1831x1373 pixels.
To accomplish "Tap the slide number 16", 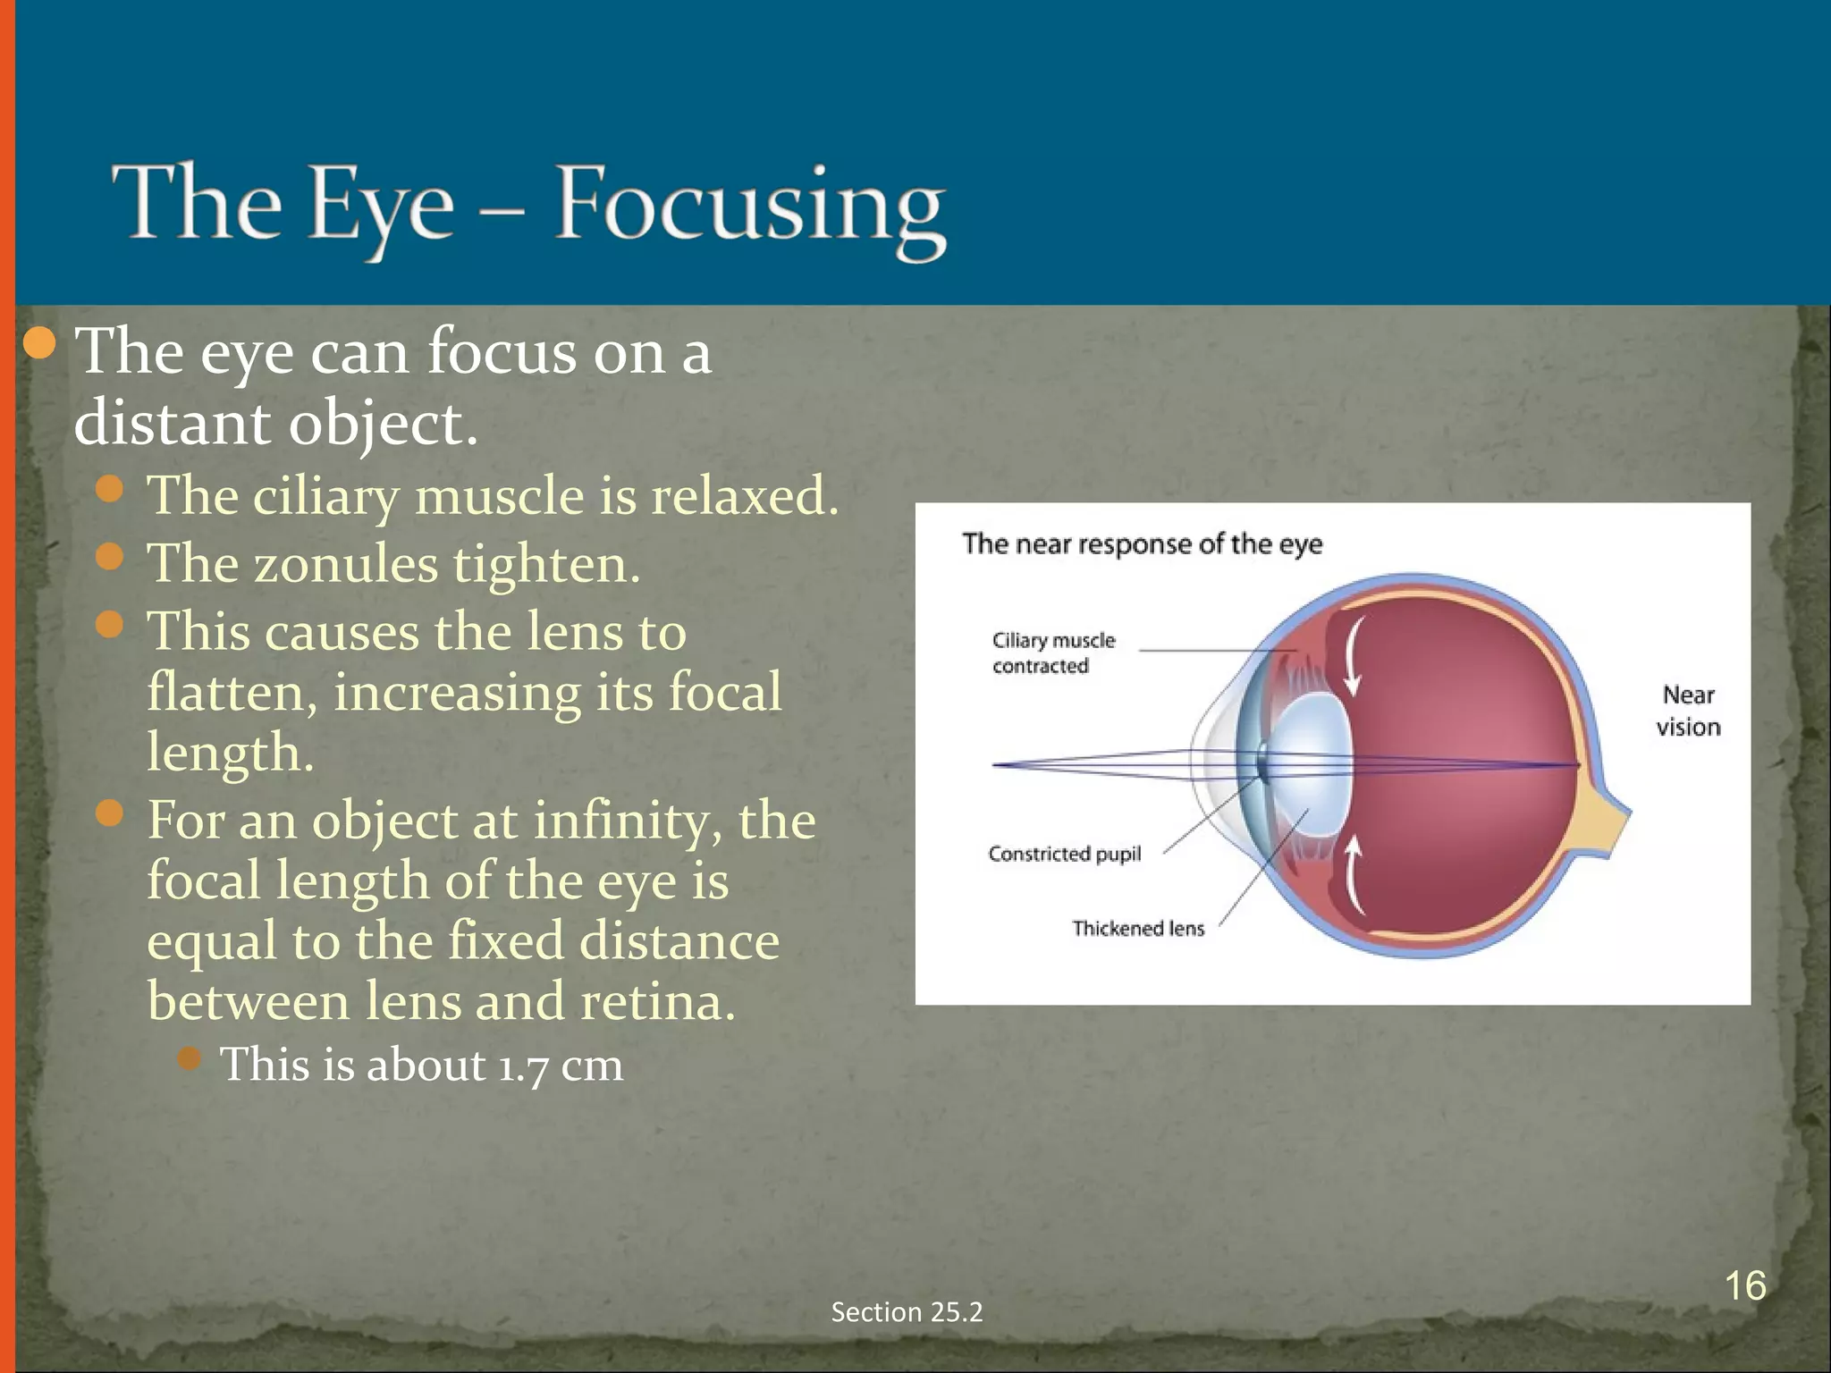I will (1744, 1286).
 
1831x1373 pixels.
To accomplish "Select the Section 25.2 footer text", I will (907, 1311).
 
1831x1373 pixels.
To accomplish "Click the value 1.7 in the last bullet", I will (522, 1066).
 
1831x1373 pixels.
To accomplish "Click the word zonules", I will (345, 564).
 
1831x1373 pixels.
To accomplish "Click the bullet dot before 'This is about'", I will (190, 1059).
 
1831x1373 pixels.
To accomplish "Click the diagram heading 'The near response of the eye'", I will (1142, 543).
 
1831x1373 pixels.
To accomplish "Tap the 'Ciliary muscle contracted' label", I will (1053, 653).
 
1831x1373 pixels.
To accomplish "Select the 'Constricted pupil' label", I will (1064, 854).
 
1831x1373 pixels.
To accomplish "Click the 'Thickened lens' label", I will (1137, 928).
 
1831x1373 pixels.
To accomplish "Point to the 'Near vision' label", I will (1688, 711).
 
